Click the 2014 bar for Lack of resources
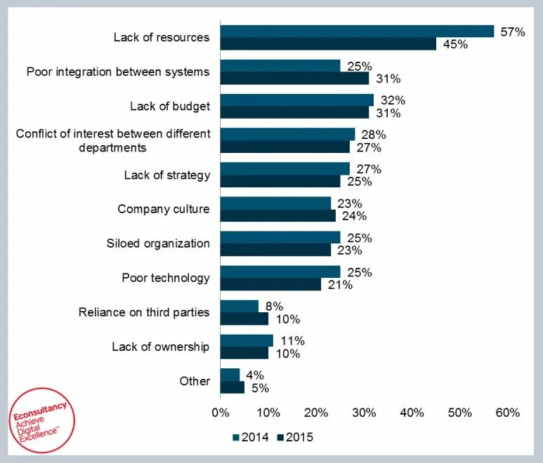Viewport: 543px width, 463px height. (357, 31)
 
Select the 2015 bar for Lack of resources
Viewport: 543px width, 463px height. (328, 43)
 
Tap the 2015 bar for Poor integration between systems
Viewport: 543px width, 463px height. (294, 78)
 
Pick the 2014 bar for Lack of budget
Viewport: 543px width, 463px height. (296, 100)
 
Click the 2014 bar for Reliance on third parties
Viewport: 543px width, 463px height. (239, 306)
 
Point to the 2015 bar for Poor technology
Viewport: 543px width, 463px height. (270, 284)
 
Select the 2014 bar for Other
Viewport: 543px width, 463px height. (230, 375)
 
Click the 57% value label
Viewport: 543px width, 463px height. (511, 32)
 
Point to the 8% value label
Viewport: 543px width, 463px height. (275, 306)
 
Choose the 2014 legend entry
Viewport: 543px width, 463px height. (251, 437)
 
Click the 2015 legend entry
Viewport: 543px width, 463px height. (296, 437)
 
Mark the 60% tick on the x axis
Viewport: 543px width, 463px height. (507, 412)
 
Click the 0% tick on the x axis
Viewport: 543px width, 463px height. (221, 412)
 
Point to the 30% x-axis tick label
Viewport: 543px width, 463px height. (364, 412)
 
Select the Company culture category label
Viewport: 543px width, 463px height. (163, 209)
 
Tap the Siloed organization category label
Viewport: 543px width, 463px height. (158, 243)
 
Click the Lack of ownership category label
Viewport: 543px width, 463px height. (160, 347)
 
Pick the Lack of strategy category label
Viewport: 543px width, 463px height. (166, 175)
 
